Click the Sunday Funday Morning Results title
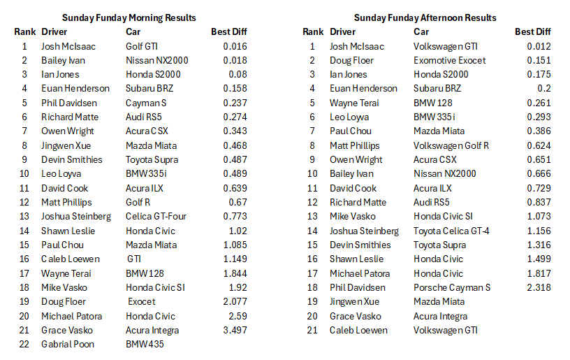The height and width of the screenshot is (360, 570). tap(129, 17)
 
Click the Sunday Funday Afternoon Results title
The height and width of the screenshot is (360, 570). tap(425, 17)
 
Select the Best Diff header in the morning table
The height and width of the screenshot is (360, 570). tap(228, 31)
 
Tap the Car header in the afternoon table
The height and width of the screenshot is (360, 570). tap(421, 31)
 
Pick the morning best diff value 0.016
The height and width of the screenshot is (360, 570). tap(235, 46)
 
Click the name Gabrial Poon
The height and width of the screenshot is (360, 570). tap(68, 344)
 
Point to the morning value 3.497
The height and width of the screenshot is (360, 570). tap(235, 330)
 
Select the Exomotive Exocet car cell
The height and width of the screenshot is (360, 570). tap(449, 60)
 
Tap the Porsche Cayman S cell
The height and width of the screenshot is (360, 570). tap(451, 287)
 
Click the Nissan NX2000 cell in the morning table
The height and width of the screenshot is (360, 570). tap(156, 60)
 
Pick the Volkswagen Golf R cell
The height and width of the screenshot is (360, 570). tap(450, 145)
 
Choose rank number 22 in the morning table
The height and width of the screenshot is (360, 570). tap(24, 344)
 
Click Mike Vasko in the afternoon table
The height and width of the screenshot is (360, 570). tap(353, 216)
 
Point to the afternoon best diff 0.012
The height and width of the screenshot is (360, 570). tap(539, 46)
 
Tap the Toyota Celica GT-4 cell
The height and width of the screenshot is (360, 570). tap(451, 231)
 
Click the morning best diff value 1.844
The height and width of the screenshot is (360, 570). tap(235, 273)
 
